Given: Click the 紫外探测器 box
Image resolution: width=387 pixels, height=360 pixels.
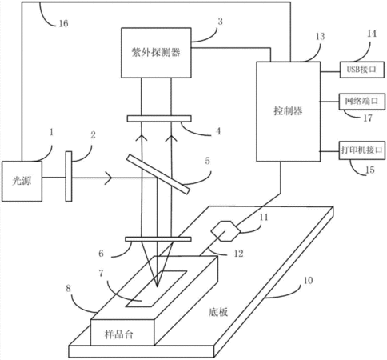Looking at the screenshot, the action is click(x=156, y=53).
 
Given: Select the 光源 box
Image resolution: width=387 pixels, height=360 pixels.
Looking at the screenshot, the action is click(x=22, y=181).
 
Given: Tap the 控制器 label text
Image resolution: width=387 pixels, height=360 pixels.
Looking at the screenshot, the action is click(x=288, y=110).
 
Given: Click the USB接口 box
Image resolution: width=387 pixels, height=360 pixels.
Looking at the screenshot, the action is click(x=362, y=70).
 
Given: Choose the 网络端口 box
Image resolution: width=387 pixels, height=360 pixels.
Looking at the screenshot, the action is click(x=362, y=102).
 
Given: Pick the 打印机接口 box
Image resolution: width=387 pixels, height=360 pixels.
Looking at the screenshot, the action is click(x=362, y=150).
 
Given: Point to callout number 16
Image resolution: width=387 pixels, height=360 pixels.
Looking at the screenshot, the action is click(x=63, y=23).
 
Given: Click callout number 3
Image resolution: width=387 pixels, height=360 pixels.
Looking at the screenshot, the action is click(x=220, y=22).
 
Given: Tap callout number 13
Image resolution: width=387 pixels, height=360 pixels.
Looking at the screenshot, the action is click(x=320, y=36).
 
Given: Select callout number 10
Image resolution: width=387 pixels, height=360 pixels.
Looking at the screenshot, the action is click(x=308, y=280).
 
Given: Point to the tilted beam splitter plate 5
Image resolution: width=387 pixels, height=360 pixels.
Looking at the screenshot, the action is click(x=158, y=174).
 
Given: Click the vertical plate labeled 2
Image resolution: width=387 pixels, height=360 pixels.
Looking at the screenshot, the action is click(x=69, y=176).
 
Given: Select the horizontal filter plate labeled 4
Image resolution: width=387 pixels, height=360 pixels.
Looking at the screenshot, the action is click(x=159, y=118).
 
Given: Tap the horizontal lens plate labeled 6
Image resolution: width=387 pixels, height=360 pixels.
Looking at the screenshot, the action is click(x=158, y=239).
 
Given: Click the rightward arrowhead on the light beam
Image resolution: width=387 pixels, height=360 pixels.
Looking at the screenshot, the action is click(x=109, y=178).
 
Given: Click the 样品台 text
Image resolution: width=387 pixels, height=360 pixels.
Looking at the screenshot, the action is click(x=118, y=334).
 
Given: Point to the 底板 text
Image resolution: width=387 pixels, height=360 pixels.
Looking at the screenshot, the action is click(x=218, y=312).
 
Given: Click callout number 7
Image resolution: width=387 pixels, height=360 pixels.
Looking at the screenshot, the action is click(x=101, y=273).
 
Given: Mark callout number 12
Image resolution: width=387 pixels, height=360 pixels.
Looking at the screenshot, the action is click(x=238, y=254).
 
